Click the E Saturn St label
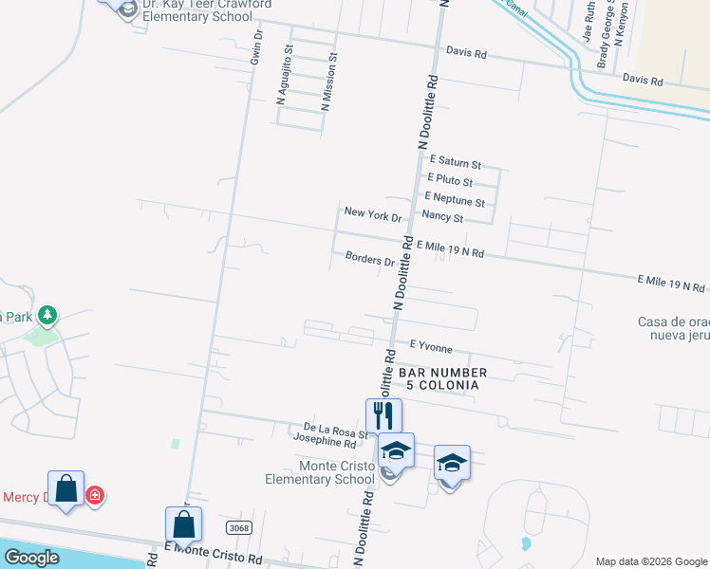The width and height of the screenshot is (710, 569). click(x=456, y=162)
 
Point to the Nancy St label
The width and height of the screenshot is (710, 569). click(x=442, y=218)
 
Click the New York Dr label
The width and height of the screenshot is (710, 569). click(x=373, y=214)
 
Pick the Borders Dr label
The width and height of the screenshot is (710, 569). click(x=370, y=258)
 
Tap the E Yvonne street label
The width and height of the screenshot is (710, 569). click(x=431, y=348)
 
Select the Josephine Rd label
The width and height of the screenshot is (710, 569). click(x=324, y=443)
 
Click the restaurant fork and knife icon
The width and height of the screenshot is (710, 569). click(x=383, y=415)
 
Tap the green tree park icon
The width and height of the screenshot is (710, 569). click(x=46, y=315)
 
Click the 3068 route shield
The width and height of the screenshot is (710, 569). click(x=239, y=526)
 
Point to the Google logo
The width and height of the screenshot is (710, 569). click(x=31, y=558)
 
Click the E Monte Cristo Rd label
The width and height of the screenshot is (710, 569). click(x=213, y=553)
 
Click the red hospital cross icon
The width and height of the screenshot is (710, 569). click(x=95, y=494)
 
